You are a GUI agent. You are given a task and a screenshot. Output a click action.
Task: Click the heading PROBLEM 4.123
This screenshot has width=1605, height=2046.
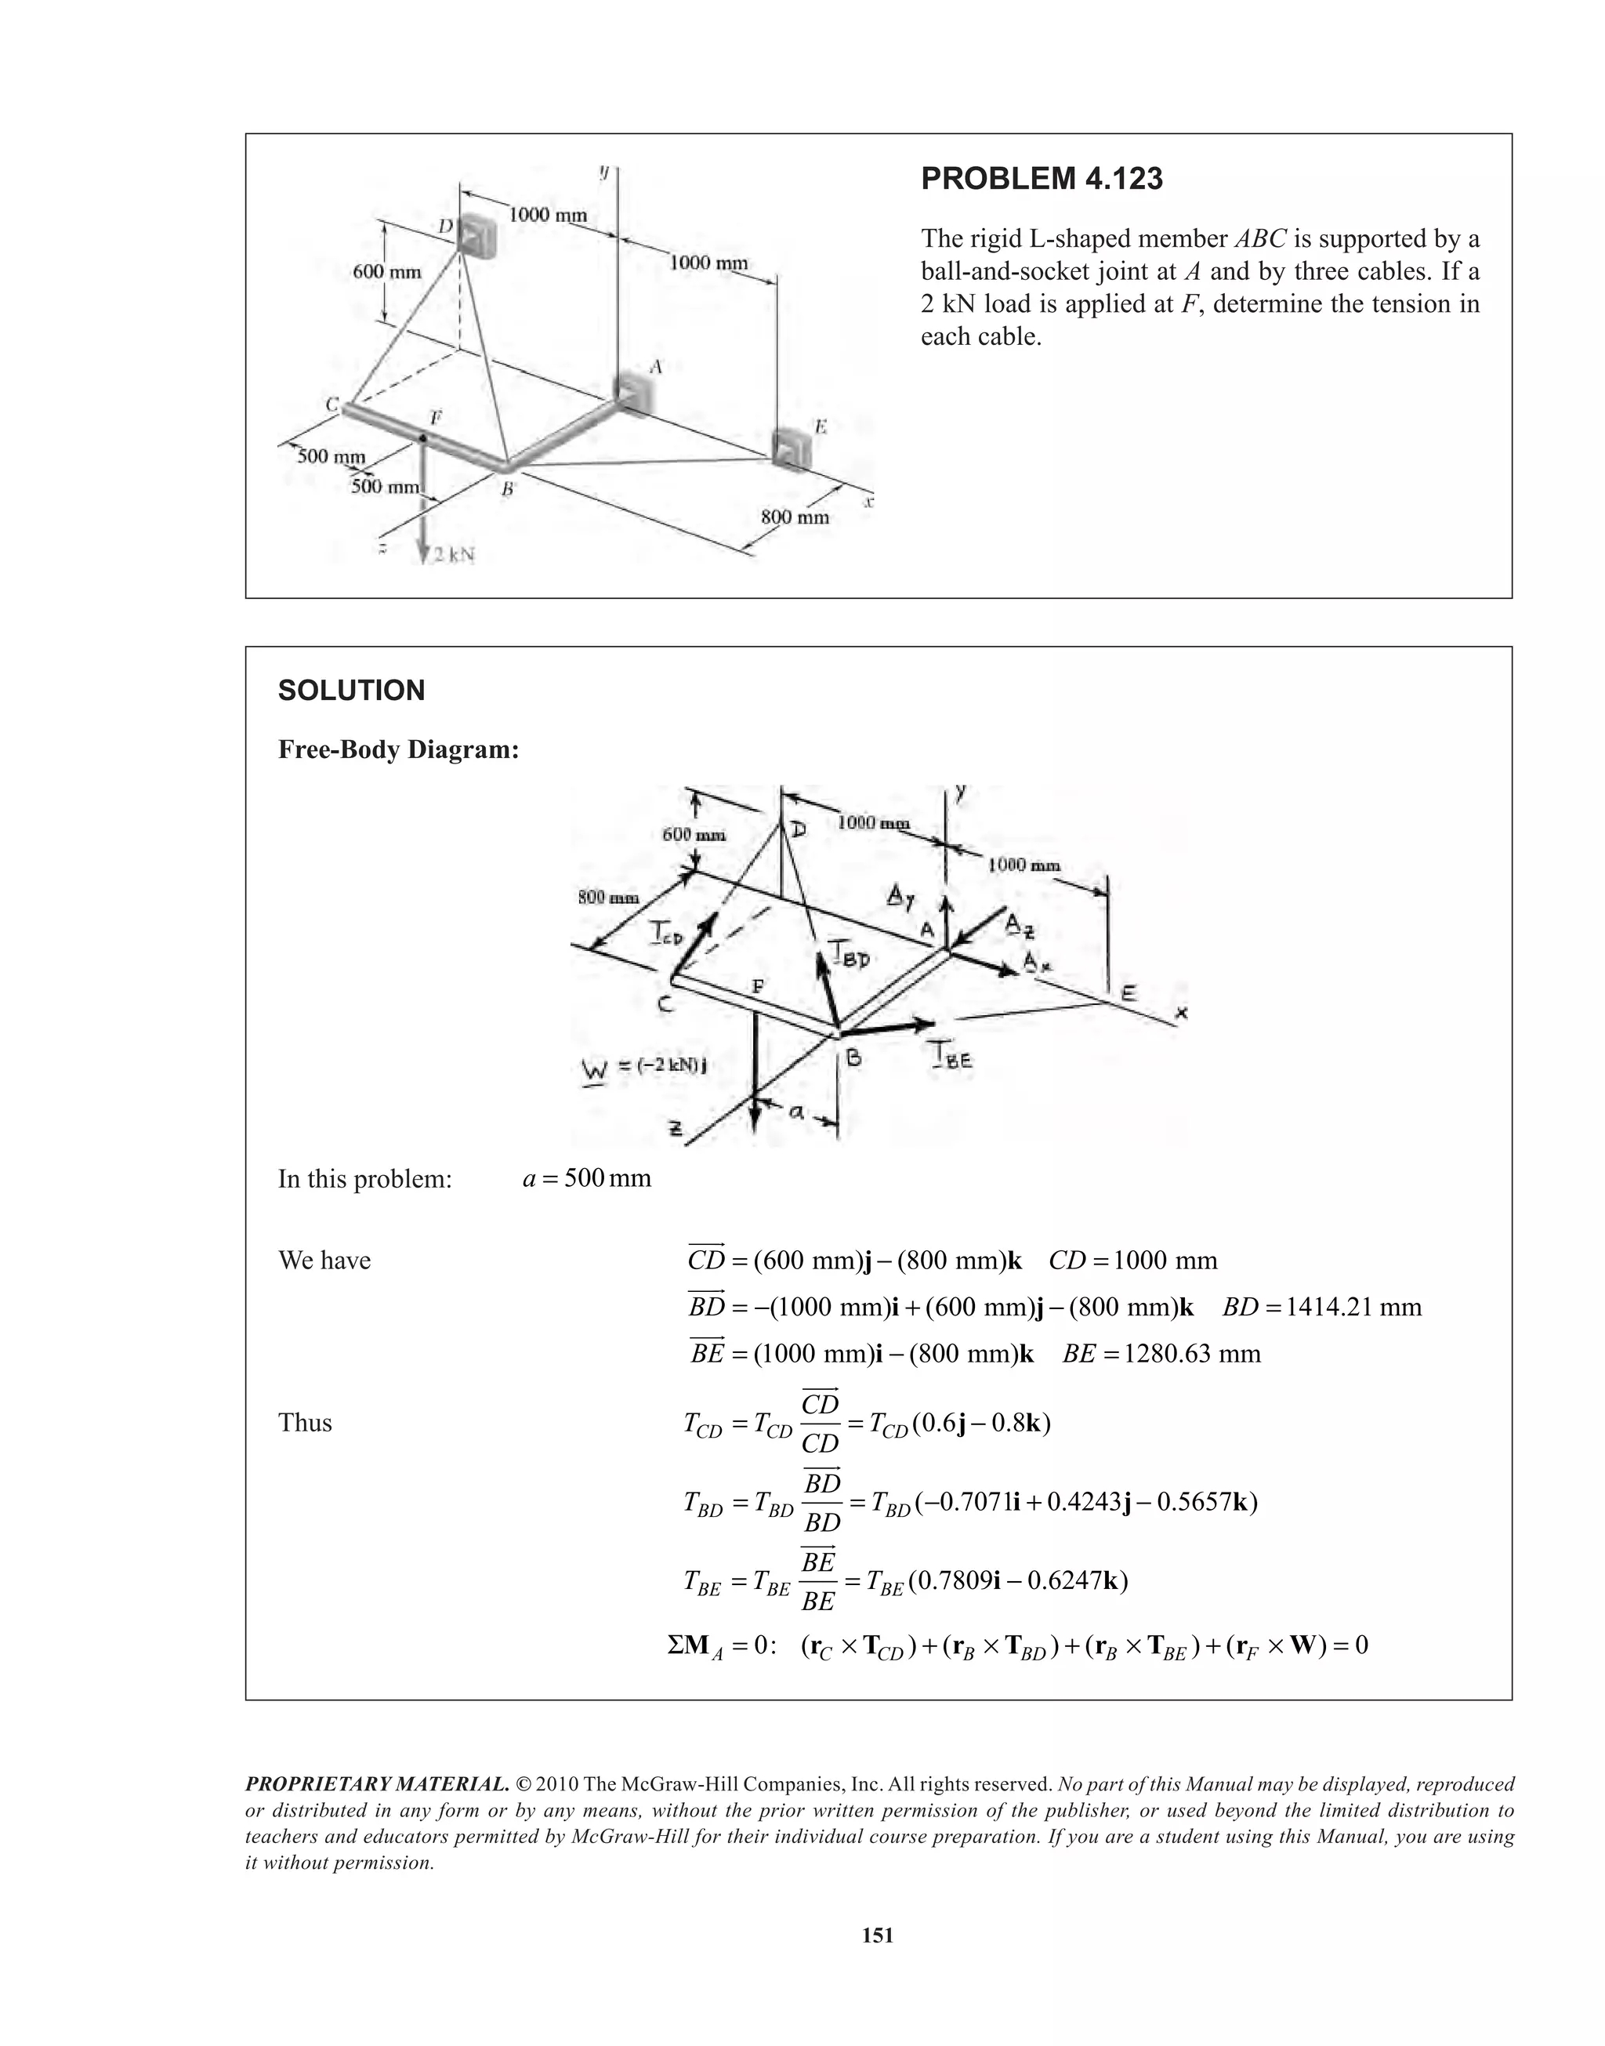[x=1042, y=179]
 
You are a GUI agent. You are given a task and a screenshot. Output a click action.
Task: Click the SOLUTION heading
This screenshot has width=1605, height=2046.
[x=351, y=691]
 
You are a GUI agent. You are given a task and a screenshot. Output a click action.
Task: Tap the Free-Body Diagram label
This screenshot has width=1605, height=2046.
[x=398, y=750]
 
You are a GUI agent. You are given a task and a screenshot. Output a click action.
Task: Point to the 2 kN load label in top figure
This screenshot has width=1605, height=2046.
[x=452, y=556]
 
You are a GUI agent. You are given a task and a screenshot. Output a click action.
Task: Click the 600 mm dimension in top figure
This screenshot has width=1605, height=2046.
[x=387, y=271]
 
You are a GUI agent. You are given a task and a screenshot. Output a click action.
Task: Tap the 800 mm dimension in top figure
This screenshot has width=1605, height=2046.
[x=795, y=517]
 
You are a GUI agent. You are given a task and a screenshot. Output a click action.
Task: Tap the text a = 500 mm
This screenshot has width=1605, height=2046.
[x=586, y=1178]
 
